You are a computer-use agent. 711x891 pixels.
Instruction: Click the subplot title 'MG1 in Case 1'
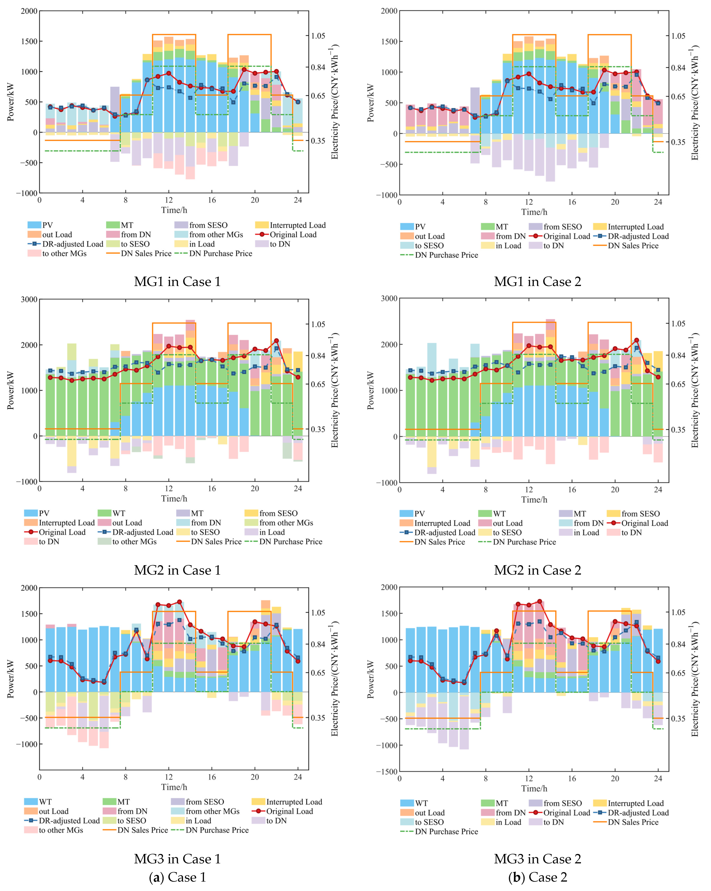177,281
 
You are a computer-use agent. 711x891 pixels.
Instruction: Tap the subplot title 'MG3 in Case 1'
177,859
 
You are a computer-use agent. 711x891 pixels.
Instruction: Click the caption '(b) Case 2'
537,877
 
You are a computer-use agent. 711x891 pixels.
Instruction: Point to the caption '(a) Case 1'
177,877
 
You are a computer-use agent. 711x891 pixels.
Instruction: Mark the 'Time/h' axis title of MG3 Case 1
174,787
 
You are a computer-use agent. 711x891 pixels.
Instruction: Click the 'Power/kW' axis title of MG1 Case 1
10,102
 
